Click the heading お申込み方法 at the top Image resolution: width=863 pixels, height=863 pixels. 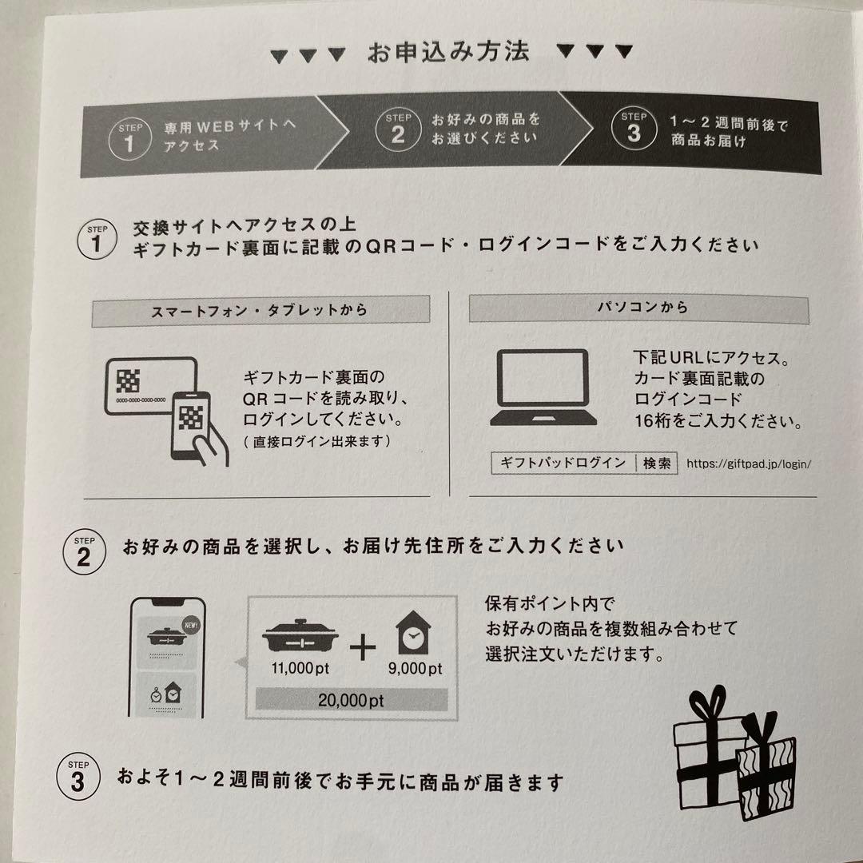pyautogui.click(x=448, y=53)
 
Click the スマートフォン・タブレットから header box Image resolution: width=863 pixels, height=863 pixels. pyautogui.click(x=260, y=311)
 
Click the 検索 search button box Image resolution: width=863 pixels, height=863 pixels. pyautogui.click(x=656, y=463)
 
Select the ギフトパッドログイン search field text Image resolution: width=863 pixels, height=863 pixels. pyautogui.click(x=563, y=463)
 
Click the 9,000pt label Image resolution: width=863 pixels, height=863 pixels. pyautogui.click(x=415, y=668)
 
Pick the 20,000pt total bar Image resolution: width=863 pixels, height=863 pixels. pyautogui.click(x=351, y=701)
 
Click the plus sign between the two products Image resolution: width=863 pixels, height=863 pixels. pyautogui.click(x=363, y=647)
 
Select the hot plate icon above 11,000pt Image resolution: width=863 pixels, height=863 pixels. pyautogui.click(x=300, y=638)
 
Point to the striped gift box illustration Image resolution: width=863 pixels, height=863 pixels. pyautogui.click(x=766, y=767)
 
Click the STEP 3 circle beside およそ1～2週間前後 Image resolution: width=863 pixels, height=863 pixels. pyautogui.click(x=78, y=777)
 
